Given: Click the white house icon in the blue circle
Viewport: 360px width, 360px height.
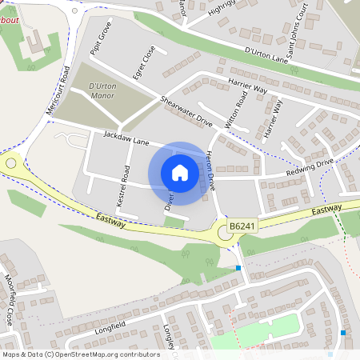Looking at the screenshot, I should coord(180,173).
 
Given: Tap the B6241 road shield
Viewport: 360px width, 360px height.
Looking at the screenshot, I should coord(242,227).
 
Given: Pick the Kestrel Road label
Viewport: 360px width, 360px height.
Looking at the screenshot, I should coord(125,186).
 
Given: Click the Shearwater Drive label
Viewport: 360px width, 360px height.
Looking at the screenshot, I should coord(186,111).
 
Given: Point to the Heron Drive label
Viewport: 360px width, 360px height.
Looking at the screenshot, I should coord(211,170).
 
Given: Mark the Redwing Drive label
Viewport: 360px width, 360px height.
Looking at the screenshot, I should coord(310,168).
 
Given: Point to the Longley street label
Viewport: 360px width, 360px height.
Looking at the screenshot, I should coord(169,336).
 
